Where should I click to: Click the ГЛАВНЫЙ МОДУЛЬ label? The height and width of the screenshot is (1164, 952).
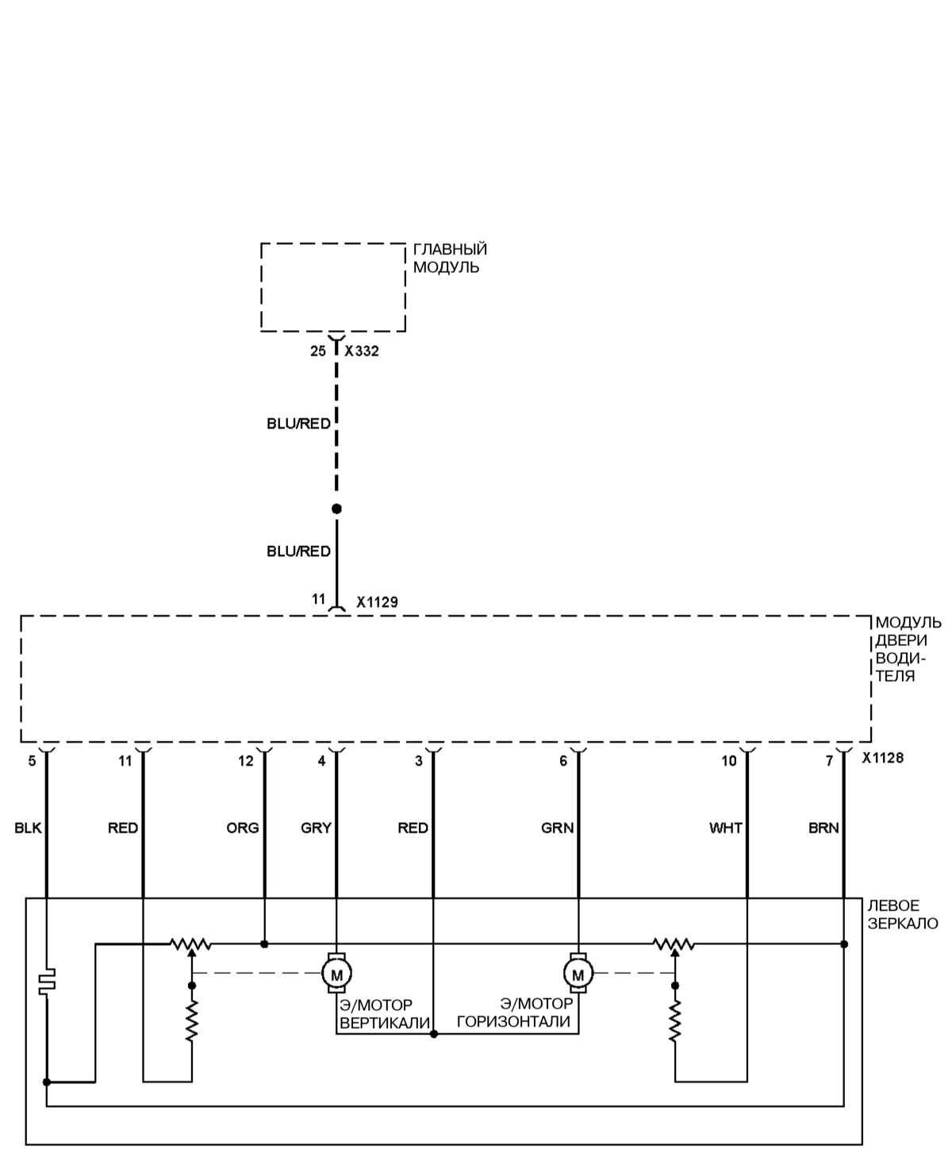[x=450, y=259]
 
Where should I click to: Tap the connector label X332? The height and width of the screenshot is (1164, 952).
[x=362, y=351]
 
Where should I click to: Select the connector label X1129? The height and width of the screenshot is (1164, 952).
[x=377, y=602]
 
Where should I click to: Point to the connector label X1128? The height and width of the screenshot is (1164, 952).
[x=883, y=758]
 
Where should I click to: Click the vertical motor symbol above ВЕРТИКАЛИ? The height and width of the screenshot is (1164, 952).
[x=336, y=973]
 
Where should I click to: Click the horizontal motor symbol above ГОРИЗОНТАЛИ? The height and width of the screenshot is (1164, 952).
[x=578, y=973]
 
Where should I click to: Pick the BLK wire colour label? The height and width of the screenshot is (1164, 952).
[x=28, y=828]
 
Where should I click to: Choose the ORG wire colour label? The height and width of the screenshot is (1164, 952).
[x=243, y=828]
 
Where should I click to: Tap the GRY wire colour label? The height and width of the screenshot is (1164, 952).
[x=316, y=828]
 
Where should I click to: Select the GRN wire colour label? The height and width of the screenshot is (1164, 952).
[x=558, y=828]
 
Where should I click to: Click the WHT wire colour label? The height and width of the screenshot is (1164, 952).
[x=726, y=828]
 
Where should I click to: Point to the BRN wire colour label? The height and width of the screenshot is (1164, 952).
[x=823, y=828]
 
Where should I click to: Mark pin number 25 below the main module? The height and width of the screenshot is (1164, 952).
[x=318, y=351]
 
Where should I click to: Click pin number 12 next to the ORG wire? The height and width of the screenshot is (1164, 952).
[x=246, y=761]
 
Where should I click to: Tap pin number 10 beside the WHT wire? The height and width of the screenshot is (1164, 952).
[x=728, y=761]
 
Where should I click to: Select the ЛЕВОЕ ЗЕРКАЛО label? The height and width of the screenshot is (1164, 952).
[x=902, y=914]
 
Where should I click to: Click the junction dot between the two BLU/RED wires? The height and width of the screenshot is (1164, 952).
[x=336, y=509]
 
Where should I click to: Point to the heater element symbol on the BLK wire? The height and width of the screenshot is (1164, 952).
[x=48, y=981]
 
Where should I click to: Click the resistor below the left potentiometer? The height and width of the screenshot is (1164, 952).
[x=192, y=1020]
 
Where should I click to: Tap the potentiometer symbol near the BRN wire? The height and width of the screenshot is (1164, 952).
[x=674, y=944]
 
